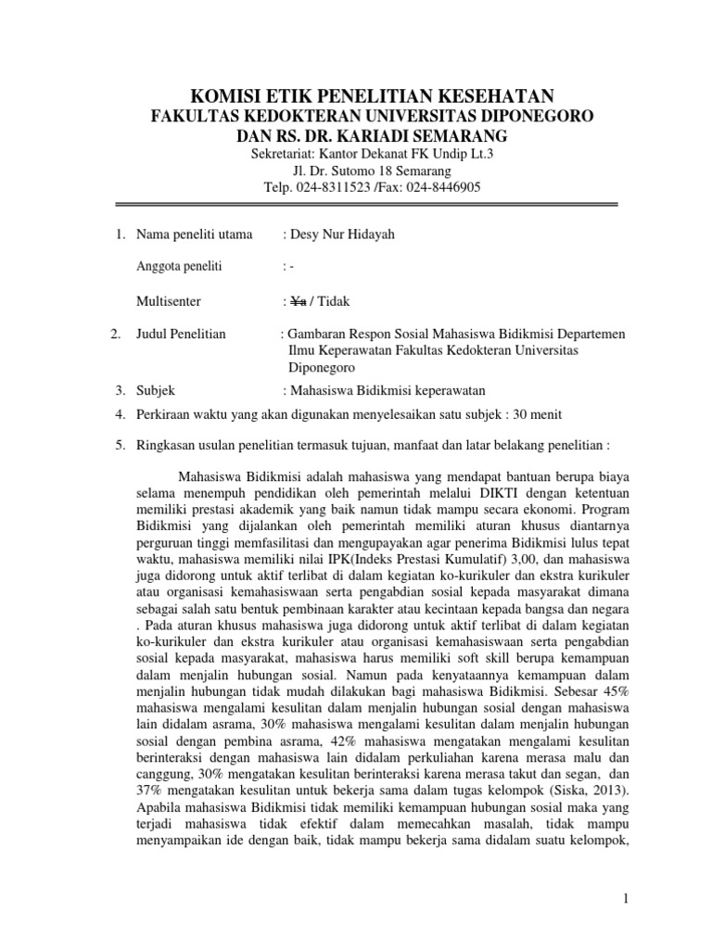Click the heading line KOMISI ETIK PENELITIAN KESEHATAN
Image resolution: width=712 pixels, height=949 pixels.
coord(356,95)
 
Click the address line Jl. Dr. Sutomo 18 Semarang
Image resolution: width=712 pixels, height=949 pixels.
coord(356,171)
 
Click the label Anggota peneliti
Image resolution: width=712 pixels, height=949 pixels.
coord(180,268)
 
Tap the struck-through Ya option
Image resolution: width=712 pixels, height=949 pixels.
coord(299,301)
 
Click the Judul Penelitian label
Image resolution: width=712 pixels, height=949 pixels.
coord(181,334)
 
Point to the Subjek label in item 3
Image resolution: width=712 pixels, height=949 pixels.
coord(156,389)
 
